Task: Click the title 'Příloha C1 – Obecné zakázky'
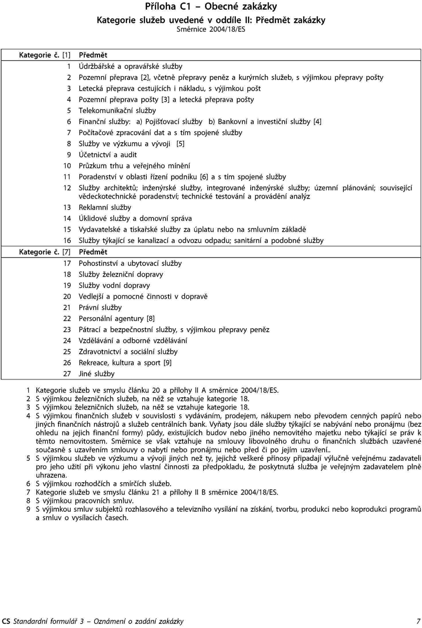(211, 7)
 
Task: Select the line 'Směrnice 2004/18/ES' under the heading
(211, 29)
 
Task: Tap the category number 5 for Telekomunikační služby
(69, 111)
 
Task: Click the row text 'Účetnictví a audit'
(108, 155)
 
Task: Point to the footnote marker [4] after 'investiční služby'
(317, 122)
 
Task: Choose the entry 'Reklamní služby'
(105, 207)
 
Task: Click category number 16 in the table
(67, 241)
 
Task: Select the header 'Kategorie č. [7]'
(44, 252)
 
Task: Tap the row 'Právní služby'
(100, 308)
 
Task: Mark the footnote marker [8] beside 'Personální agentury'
(151, 319)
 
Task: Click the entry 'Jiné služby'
(97, 374)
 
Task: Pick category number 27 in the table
(67, 374)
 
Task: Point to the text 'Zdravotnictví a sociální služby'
(128, 352)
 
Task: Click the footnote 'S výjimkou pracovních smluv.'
(85, 477)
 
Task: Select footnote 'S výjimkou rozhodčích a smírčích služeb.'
(103, 460)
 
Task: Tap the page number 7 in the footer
(419, 621)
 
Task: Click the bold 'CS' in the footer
(6, 621)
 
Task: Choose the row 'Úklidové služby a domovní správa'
(135, 219)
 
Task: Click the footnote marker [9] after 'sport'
(168, 363)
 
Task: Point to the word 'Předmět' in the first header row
(93, 55)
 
